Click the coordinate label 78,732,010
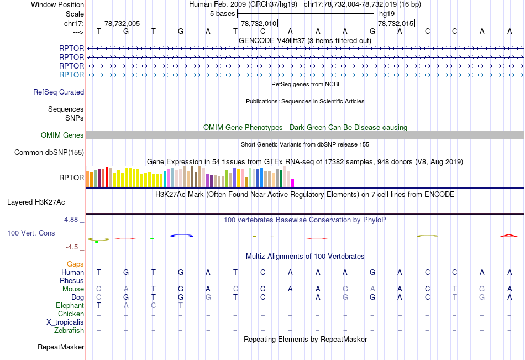pyautogui.click(x=258, y=23)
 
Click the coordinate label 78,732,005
pyautogui.click(x=122, y=23)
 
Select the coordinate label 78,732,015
pyautogui.click(x=395, y=23)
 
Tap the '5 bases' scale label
pyautogui.click(x=222, y=13)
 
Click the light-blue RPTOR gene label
pyautogui.click(x=71, y=75)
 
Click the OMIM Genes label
pyautogui.click(x=62, y=135)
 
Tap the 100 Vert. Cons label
pyautogui.click(x=31, y=233)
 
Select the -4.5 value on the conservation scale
pyautogui.click(x=72, y=247)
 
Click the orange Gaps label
pyautogui.click(x=75, y=264)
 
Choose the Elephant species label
pyautogui.click(x=70, y=306)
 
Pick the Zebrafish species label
pyautogui.click(x=69, y=331)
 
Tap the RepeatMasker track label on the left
pyautogui.click(x=61, y=347)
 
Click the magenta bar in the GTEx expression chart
pyautogui.click(x=293, y=182)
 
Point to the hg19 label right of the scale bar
pyautogui.click(x=387, y=13)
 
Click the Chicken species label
pyautogui.click(x=71, y=314)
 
